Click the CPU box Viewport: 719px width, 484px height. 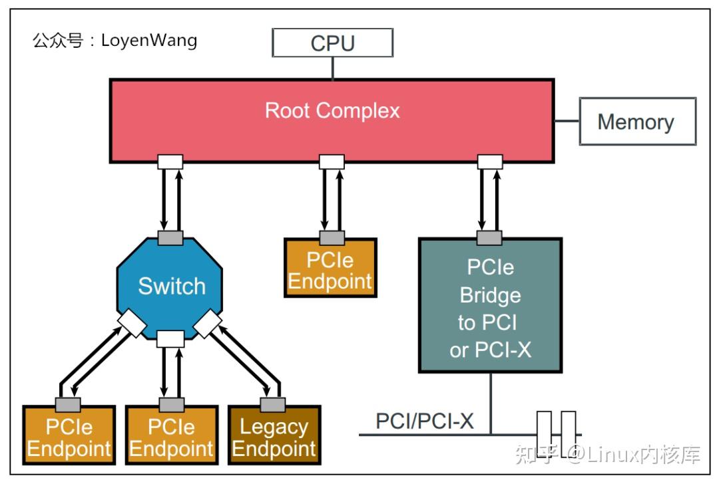(x=333, y=43)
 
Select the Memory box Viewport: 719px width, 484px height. (x=637, y=122)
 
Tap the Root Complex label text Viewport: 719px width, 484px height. (x=332, y=110)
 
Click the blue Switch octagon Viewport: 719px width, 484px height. (x=170, y=287)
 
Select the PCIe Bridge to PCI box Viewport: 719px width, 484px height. (x=490, y=306)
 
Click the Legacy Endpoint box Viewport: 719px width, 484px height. (x=274, y=437)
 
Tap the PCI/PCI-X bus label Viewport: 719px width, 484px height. (x=424, y=421)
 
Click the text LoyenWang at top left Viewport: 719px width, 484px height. (x=149, y=41)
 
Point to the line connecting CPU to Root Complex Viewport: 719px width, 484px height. (x=333, y=68)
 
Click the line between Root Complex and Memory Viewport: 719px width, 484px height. (x=567, y=121)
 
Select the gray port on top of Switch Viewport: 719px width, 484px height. (x=170, y=237)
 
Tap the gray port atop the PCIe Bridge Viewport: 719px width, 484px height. (x=490, y=237)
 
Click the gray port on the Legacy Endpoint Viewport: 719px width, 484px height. (x=273, y=405)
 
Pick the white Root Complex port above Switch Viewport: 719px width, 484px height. (x=170, y=162)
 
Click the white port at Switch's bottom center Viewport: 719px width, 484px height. (x=170, y=339)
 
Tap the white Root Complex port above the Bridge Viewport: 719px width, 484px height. (x=490, y=162)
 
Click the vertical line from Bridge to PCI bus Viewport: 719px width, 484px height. (x=491, y=403)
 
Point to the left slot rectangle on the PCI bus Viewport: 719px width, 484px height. (x=544, y=431)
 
